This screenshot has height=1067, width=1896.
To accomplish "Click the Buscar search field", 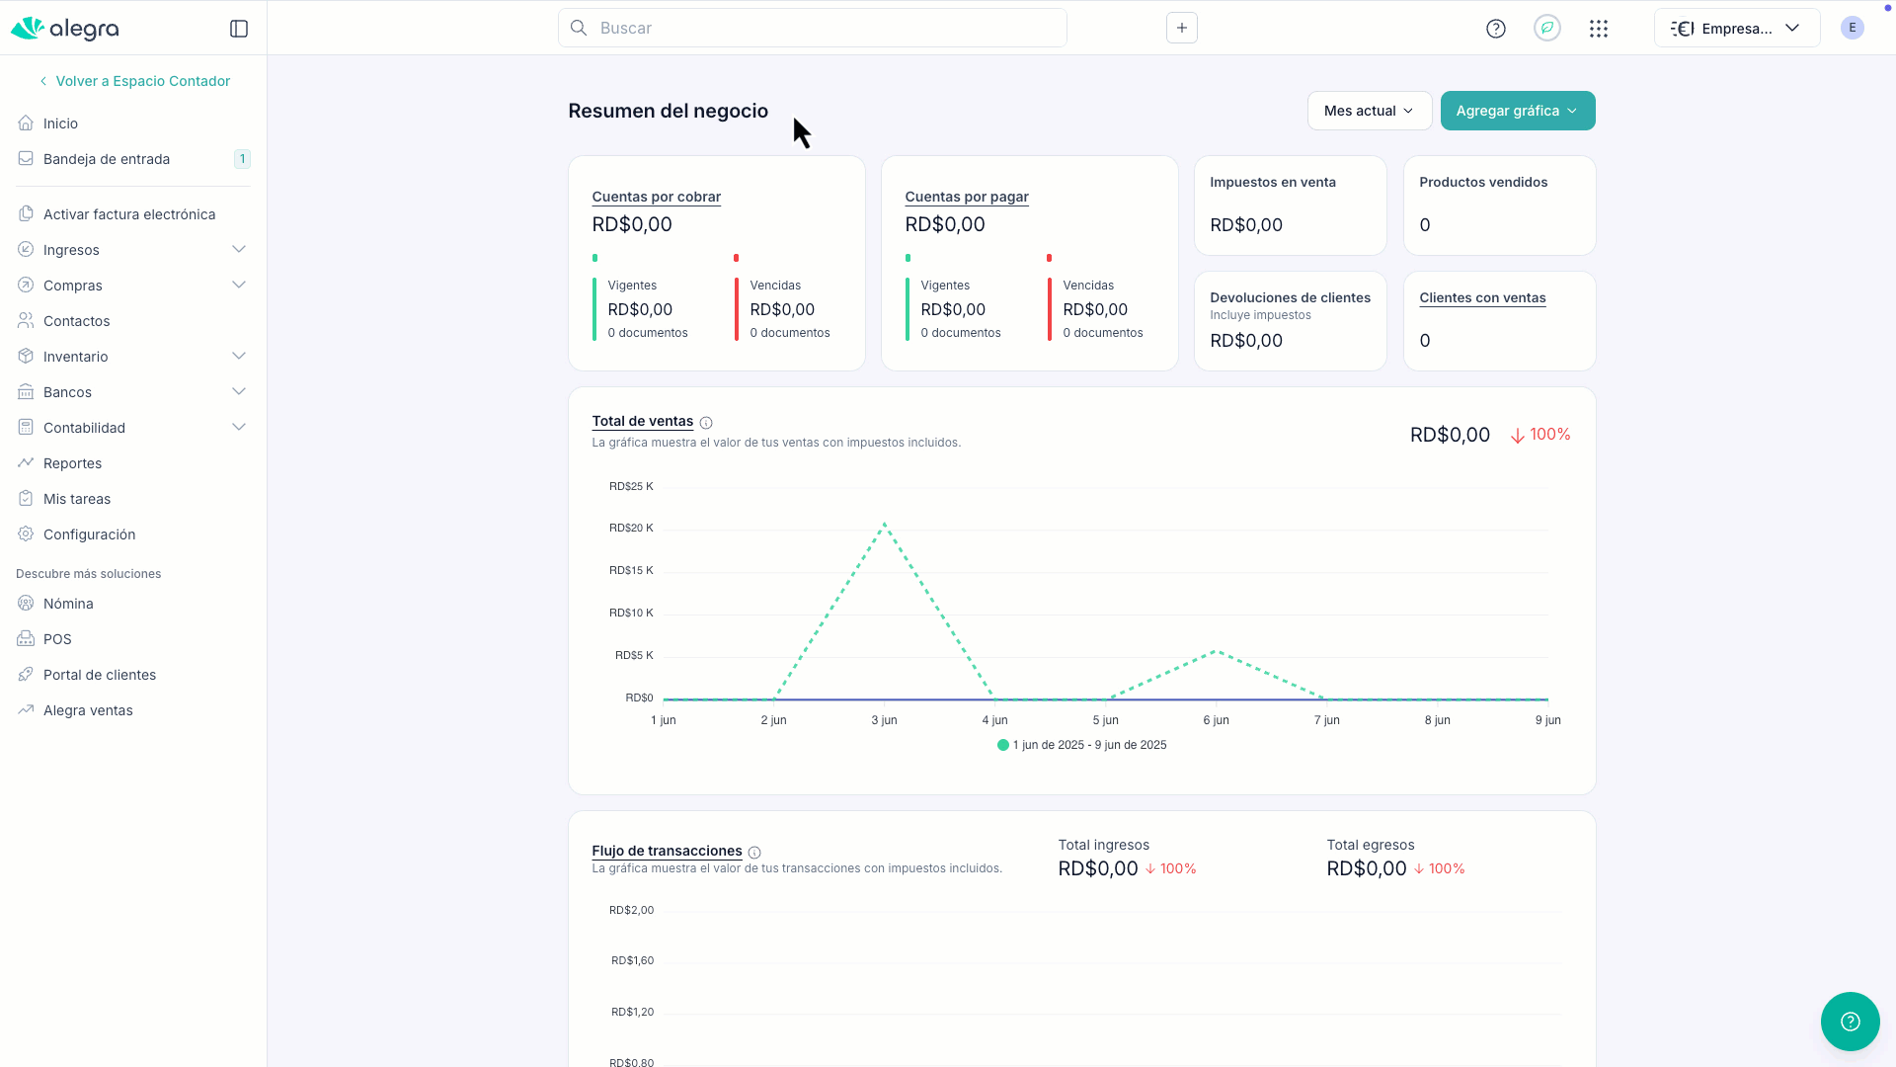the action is (x=813, y=28).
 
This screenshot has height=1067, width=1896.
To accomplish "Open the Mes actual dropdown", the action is (x=1369, y=111).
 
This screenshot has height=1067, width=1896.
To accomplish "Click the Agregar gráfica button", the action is (x=1517, y=111).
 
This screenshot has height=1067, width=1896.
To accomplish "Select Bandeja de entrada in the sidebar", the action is (x=107, y=159).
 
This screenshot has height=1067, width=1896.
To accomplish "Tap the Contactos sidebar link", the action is (x=77, y=321).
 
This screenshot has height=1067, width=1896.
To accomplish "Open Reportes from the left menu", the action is (x=72, y=463).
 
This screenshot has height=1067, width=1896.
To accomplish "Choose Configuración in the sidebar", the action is (x=89, y=534).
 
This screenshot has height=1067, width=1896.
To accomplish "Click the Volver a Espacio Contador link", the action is (x=142, y=81).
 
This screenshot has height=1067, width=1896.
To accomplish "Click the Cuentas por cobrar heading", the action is (x=657, y=197).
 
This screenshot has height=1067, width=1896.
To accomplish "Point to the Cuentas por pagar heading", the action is (x=967, y=197).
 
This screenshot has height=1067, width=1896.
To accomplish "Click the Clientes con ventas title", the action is (x=1482, y=297).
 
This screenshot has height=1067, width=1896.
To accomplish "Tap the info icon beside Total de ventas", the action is (x=706, y=423).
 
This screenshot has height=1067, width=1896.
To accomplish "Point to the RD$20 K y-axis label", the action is (x=631, y=528).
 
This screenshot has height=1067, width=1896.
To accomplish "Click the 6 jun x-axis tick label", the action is (x=1216, y=720).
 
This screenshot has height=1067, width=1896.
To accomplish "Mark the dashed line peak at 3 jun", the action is (x=884, y=524).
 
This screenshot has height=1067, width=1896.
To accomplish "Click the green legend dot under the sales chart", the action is (x=1003, y=745).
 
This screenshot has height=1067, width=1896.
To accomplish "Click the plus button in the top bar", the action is (x=1182, y=28).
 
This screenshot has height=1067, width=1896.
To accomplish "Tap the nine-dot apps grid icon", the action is (x=1599, y=29).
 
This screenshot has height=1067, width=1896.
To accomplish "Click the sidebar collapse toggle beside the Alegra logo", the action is (x=239, y=29).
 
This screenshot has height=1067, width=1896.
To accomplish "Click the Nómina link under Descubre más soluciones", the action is (x=68, y=604).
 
